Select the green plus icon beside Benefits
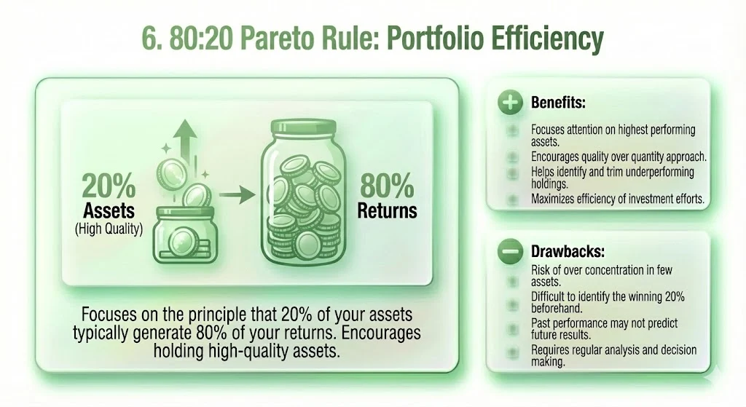[x=510, y=103]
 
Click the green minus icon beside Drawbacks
[x=510, y=252]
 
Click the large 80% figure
[x=387, y=187]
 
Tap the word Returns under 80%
[x=387, y=211]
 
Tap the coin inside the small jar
[x=178, y=240]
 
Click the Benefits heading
[x=558, y=103]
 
